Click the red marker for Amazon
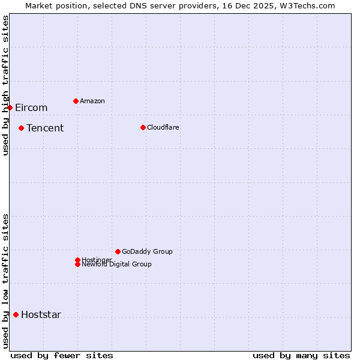pos(76,101)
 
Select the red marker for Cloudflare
pos(143,127)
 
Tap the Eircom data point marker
pos(10,107)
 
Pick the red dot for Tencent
pos(21,128)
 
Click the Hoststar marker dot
pos(16,314)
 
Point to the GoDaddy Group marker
pos(118,251)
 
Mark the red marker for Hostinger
pos(77,260)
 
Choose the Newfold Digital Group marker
pos(77,264)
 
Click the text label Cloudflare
pos(163,127)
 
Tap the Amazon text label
pos(92,101)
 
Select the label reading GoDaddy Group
pos(147,251)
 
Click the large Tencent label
pos(45,128)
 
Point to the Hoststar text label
pos(41,314)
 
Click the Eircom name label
pos(31,107)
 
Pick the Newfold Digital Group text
pos(116,265)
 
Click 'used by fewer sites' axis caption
pos(62,355)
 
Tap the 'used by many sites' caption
pos(301,355)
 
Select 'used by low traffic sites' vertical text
pos(5,281)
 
